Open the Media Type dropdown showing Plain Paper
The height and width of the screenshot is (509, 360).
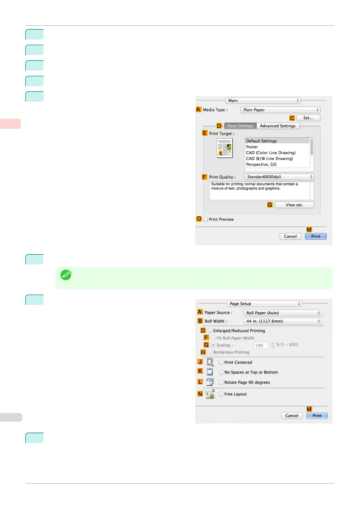point(280,110)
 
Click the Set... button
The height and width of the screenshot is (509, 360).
point(308,118)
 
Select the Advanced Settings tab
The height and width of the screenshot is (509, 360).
point(277,126)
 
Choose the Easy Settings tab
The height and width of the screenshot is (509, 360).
point(240,126)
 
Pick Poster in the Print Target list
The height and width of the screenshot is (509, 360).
point(252,147)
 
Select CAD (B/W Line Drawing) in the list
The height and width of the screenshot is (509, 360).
point(269,159)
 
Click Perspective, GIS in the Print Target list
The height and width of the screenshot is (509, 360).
point(261,164)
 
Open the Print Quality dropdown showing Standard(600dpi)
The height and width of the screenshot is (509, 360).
point(279,177)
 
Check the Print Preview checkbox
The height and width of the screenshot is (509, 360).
point(206,219)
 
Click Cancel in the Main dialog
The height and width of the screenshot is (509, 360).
point(290,236)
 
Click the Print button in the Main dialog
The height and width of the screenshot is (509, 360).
point(316,236)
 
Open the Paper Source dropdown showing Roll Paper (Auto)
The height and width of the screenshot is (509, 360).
point(282,313)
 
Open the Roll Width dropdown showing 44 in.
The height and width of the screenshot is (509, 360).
point(282,321)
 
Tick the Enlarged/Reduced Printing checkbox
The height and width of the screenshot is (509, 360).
point(210,331)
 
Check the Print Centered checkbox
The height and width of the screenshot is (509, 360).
point(221,362)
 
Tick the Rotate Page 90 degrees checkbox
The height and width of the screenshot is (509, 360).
point(221,382)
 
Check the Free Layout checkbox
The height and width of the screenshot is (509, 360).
point(221,394)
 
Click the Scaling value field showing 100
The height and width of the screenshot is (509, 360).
point(261,345)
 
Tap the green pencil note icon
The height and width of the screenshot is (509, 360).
point(66,275)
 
